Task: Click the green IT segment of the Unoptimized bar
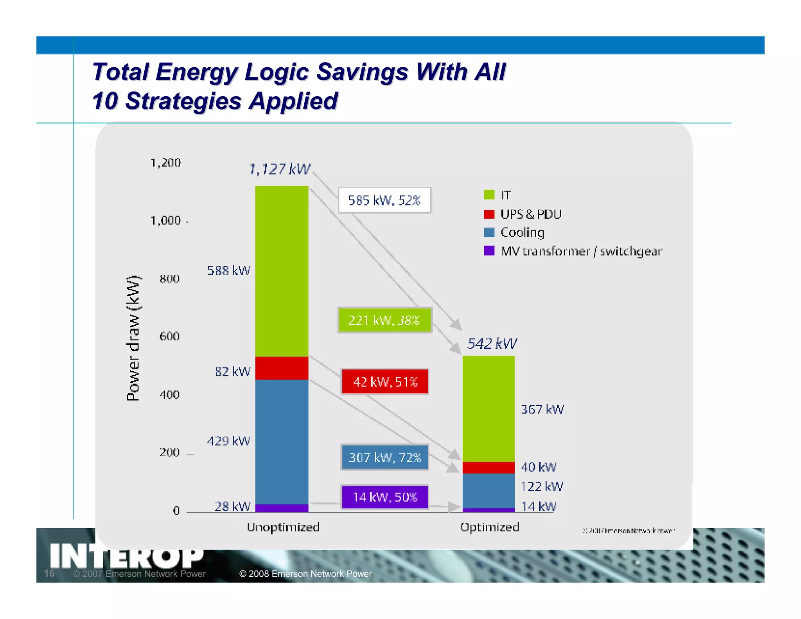282,271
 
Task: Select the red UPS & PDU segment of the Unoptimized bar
282,368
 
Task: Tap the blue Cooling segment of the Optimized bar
489,491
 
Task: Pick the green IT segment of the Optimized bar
489,408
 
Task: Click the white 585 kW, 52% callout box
384,200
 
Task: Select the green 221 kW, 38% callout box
384,320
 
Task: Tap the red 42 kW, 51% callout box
385,381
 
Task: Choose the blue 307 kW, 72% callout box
385,457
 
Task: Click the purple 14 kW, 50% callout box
385,497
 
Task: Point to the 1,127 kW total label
280,169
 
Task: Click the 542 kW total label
492,344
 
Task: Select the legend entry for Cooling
522,232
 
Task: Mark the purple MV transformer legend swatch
489,250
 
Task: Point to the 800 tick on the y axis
169,279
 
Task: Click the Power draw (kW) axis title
133,338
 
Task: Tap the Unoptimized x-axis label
283,527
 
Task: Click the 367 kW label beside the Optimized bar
542,409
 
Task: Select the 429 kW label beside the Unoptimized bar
228,441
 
